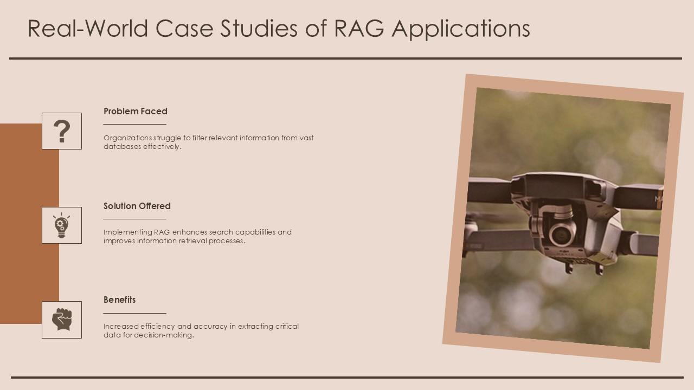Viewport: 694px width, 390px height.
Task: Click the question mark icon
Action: tap(62, 131)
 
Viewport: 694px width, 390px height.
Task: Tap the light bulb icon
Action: tap(61, 225)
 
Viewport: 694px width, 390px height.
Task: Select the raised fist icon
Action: tap(62, 320)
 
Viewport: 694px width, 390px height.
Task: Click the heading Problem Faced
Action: tap(136, 111)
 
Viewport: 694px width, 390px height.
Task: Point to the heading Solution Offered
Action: tap(137, 206)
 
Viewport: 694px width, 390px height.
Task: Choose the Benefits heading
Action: tap(120, 300)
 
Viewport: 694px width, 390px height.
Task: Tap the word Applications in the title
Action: tap(461, 29)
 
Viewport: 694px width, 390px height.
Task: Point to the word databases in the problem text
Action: tap(123, 146)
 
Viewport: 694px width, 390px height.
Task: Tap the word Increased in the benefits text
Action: tap(121, 326)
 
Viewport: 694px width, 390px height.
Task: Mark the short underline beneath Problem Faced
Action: tap(134, 125)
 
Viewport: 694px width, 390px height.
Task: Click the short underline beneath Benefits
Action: tap(134, 313)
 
